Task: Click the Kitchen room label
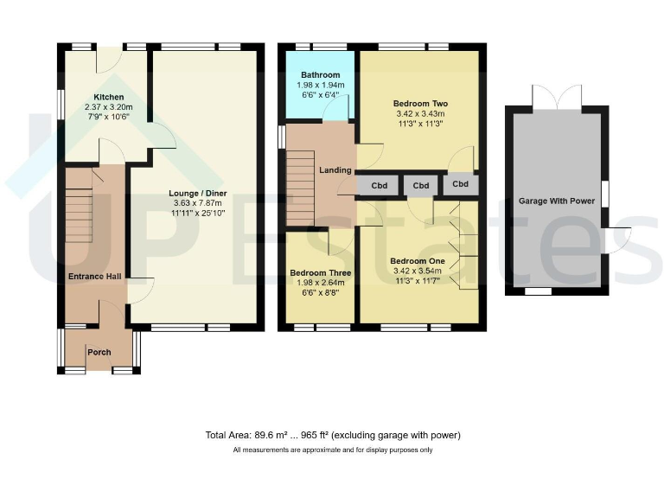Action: point(109,97)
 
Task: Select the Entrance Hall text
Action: point(93,277)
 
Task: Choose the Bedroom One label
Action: point(417,261)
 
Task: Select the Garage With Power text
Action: point(556,201)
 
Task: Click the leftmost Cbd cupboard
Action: point(378,185)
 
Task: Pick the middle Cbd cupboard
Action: point(421,185)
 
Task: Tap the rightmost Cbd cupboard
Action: point(461,184)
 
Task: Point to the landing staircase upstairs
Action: point(300,188)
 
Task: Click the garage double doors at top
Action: point(557,98)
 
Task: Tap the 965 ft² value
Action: point(310,435)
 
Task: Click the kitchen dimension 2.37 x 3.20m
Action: point(109,107)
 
